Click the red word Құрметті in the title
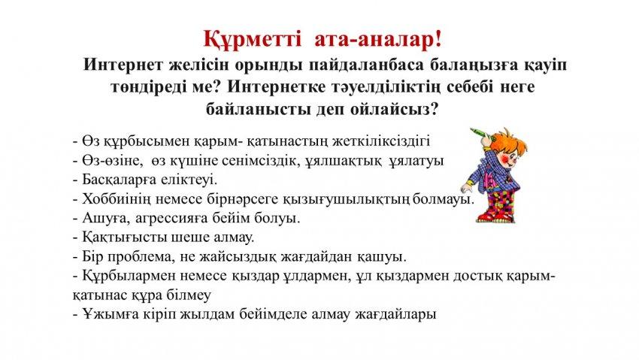tap(253, 41)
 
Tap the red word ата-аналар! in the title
tap(378, 40)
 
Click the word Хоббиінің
tap(116, 199)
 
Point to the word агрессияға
tap(171, 219)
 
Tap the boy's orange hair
tap(508, 141)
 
